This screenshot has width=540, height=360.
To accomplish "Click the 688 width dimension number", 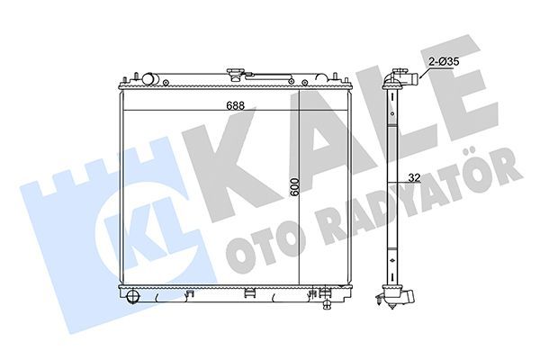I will (x=211, y=106).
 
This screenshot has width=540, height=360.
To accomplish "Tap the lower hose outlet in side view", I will (x=407, y=299).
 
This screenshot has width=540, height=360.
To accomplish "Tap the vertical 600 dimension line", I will (x=299, y=225).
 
